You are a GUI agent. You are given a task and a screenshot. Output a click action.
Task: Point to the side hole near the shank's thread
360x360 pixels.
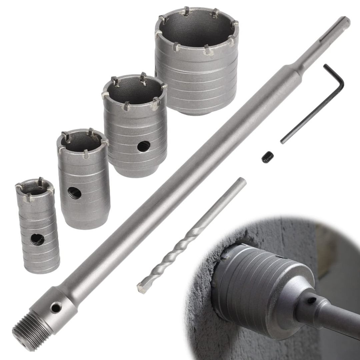[x=56, y=307]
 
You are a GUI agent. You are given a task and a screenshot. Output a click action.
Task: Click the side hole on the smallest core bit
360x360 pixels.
[x=36, y=239]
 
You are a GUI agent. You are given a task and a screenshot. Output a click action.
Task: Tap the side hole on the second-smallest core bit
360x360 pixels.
[x=74, y=193]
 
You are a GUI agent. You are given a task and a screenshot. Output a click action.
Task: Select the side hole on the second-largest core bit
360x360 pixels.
[x=144, y=145]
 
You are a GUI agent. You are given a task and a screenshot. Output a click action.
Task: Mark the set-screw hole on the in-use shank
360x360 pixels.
[x=312, y=300]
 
